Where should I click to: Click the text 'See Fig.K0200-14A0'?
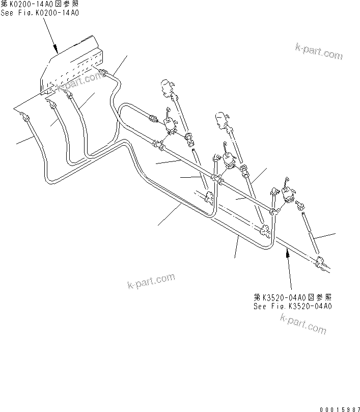(x=40, y=13)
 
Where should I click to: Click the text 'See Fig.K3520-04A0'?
(x=293, y=306)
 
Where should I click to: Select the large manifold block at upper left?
(x=71, y=64)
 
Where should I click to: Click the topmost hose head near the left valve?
(x=167, y=88)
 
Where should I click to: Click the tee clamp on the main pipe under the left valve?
(x=160, y=145)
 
